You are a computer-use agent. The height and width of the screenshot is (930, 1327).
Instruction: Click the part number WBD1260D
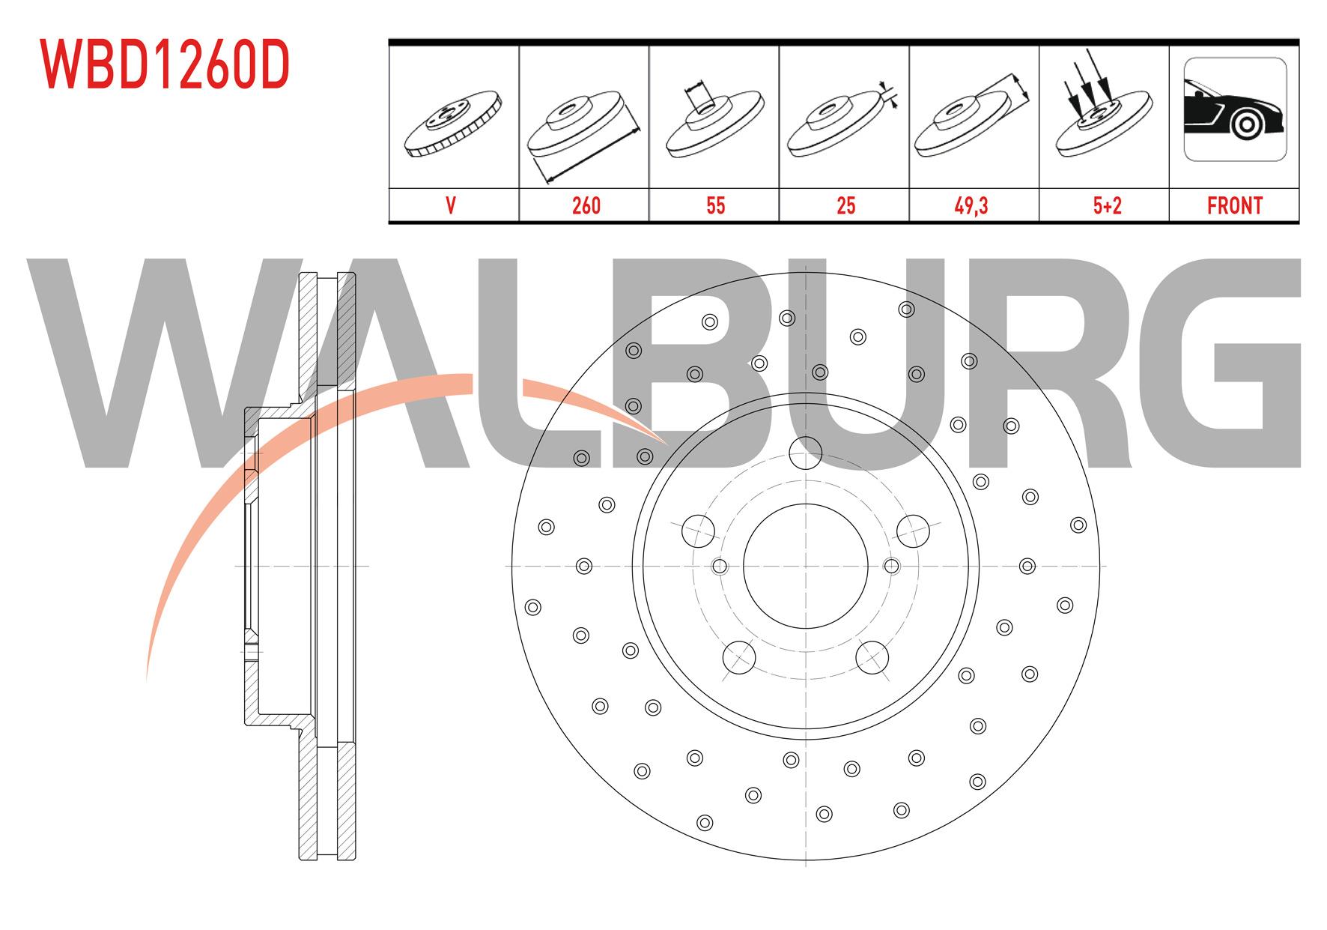point(166,65)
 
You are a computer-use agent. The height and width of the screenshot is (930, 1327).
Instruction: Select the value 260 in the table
point(586,205)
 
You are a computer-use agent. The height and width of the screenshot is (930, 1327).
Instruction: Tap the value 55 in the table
point(715,205)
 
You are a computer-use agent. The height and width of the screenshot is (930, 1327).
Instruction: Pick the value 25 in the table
point(845,205)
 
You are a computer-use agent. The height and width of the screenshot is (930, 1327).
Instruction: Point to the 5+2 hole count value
point(1106,205)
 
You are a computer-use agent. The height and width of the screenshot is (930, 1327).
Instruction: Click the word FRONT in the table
point(1234,205)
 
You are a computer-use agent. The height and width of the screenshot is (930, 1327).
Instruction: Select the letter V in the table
point(451,205)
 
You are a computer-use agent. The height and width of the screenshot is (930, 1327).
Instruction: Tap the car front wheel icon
point(1234,109)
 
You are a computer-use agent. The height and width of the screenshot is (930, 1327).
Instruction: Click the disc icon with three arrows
point(1103,112)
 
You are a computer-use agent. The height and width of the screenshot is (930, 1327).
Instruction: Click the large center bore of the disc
point(805,566)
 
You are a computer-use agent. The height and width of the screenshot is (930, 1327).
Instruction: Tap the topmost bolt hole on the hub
point(806,452)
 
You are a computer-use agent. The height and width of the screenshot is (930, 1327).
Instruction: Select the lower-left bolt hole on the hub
point(738,656)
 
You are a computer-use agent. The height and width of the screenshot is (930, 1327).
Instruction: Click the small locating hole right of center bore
point(891,566)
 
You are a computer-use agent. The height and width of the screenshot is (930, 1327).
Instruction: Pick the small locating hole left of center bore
point(720,566)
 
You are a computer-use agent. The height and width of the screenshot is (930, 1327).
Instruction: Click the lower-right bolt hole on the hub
point(872,656)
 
